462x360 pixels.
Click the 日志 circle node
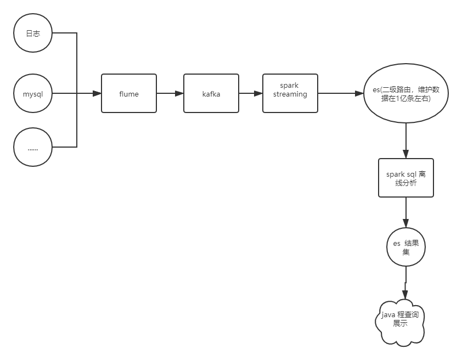[33, 33]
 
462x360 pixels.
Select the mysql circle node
[33, 94]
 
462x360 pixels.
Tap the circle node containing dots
[33, 147]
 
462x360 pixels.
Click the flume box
[129, 94]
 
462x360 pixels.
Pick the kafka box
[211, 94]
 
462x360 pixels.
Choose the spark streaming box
[290, 93]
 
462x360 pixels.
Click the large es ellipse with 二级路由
[406, 94]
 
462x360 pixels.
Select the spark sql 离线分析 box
[406, 178]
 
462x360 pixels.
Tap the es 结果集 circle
[406, 247]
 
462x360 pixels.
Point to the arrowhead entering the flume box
[97, 94]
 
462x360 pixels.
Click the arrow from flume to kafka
[170, 94]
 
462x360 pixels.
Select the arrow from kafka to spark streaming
[251, 94]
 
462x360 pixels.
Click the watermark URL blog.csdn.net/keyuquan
[398, 349]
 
